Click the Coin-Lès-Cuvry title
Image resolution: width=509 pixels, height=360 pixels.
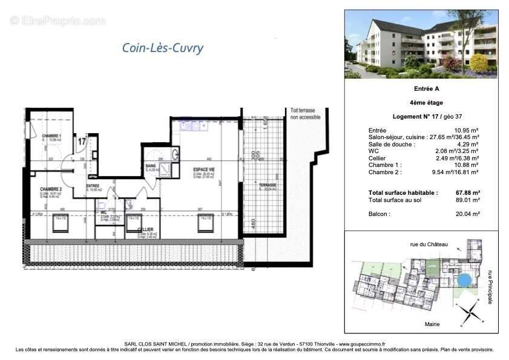coord(163,48)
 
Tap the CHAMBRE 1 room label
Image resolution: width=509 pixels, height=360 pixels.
coord(51,136)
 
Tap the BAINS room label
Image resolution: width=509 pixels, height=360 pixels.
coord(151,166)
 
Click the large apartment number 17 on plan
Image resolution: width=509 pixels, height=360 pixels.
coord(81,142)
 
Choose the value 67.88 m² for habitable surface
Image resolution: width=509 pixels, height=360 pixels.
coord(466,193)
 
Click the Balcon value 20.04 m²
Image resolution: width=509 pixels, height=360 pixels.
coord(467,214)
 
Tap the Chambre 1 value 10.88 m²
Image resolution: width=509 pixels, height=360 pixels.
coord(467,165)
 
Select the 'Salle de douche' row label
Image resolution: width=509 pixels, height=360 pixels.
coord(392,145)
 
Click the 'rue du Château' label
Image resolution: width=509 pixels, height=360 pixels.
coord(429,244)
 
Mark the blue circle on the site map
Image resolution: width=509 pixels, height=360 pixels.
coord(463,280)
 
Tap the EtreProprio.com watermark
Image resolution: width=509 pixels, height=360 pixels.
coord(57,21)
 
